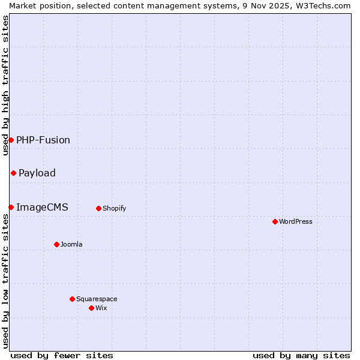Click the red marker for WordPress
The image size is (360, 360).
(x=275, y=221)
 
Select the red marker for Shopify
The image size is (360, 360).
(x=98, y=208)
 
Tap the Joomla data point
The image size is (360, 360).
(x=56, y=244)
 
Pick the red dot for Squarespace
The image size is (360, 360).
(x=72, y=299)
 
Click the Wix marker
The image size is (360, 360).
(x=91, y=308)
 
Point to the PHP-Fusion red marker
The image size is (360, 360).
(x=11, y=140)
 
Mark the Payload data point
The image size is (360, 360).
(x=13, y=173)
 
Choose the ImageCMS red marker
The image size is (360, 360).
(x=11, y=207)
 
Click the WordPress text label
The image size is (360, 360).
(x=295, y=221)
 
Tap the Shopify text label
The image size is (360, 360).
(x=114, y=208)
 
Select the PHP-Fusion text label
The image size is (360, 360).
(x=43, y=140)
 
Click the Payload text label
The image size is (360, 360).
(x=37, y=173)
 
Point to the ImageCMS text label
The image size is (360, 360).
(x=42, y=207)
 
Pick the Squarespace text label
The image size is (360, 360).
(x=97, y=299)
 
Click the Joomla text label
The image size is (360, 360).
(x=71, y=244)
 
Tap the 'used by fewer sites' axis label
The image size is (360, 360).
(x=62, y=355)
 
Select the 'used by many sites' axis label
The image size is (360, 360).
(x=301, y=355)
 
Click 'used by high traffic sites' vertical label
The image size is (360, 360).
(x=5, y=85)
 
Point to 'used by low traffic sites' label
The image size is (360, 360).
(x=5, y=281)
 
